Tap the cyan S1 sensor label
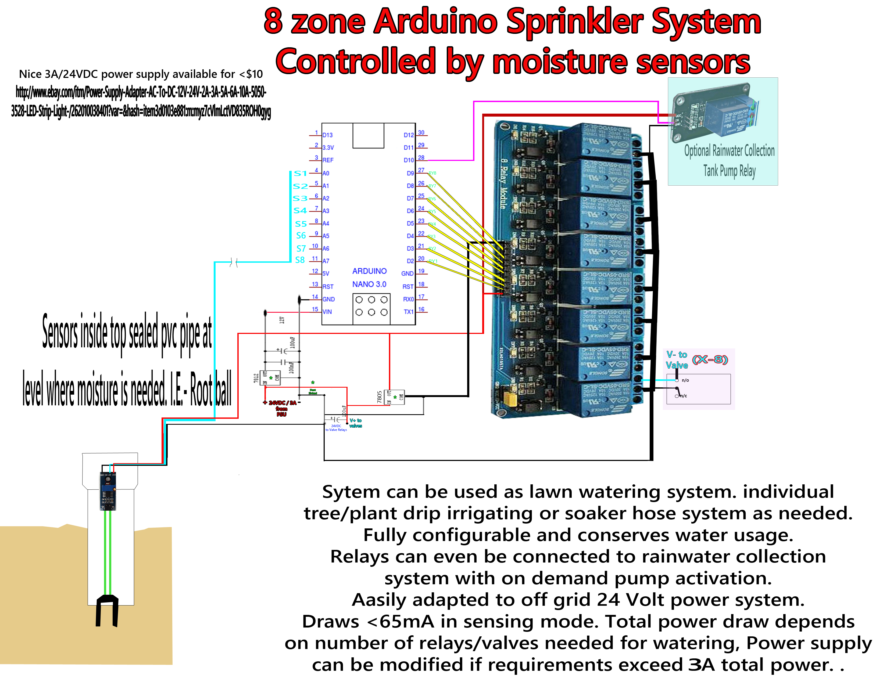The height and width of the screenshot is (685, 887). [300, 174]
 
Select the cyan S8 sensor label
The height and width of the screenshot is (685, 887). [300, 260]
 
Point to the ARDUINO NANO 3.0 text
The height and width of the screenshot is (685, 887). [369, 277]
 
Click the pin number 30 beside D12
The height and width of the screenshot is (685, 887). [421, 133]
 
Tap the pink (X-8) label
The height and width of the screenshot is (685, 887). [710, 359]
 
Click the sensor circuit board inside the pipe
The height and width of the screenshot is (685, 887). [108, 491]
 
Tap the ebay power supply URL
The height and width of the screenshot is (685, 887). [141, 102]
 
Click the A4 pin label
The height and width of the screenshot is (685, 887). [326, 223]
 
